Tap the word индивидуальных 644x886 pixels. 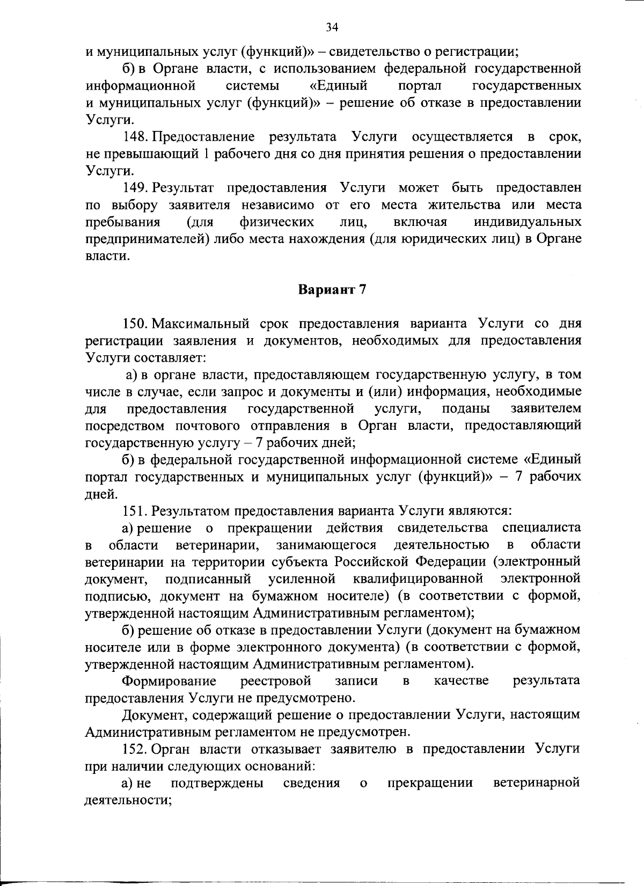528,222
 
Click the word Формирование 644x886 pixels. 170,681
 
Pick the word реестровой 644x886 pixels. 276,681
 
